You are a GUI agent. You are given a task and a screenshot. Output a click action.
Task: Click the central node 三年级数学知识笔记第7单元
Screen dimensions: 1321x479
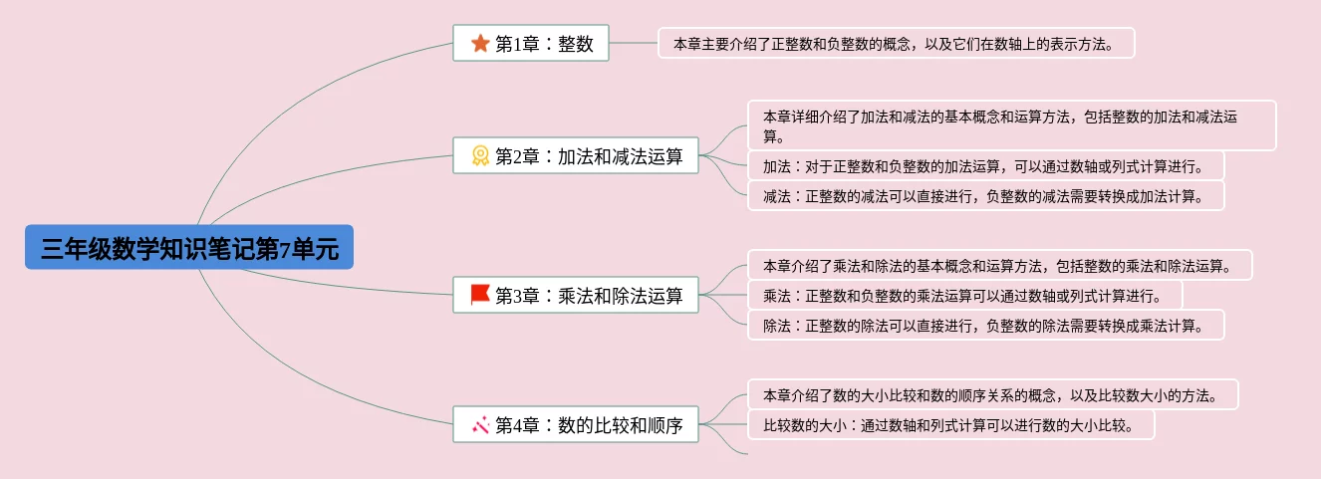(189, 247)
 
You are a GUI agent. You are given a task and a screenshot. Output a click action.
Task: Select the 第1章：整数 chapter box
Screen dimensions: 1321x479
(531, 43)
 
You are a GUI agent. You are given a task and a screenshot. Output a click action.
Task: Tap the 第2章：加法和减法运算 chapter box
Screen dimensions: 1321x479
(576, 155)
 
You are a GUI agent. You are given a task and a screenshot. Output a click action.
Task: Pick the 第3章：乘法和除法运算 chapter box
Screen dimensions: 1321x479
(576, 295)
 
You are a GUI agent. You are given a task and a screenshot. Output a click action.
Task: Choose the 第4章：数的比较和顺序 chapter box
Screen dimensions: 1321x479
(576, 424)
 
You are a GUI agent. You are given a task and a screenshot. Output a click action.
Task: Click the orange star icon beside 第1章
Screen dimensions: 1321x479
(480, 43)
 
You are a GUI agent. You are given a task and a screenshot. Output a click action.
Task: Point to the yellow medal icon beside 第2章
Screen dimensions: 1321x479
(480, 155)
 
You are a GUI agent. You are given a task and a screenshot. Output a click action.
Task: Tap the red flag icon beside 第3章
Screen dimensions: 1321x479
(480, 295)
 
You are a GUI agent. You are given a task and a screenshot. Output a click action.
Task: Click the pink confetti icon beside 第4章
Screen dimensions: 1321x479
(480, 424)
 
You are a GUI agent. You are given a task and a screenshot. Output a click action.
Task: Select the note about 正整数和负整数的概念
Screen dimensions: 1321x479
(897, 43)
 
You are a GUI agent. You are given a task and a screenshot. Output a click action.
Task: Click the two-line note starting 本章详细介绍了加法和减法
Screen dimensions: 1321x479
(1012, 125)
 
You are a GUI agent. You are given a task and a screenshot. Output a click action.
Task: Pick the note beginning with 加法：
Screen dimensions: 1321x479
(986, 166)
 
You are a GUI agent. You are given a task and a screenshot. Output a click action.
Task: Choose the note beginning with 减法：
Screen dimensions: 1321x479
(986, 195)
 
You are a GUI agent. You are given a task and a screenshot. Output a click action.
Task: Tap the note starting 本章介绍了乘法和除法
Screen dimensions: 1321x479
(1000, 265)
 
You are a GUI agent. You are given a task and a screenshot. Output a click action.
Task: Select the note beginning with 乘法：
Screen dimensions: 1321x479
(965, 295)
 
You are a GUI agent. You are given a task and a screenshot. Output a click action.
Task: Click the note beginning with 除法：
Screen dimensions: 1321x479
(986, 326)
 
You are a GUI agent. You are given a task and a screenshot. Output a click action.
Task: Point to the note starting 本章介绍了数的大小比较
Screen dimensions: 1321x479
(993, 394)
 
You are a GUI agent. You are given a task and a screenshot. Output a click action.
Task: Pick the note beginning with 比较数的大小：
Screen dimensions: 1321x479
(951, 425)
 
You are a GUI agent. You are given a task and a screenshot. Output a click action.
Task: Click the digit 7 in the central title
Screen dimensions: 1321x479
(285, 250)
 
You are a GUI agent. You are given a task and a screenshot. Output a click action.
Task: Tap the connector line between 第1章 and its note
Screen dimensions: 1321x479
(634, 43)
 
